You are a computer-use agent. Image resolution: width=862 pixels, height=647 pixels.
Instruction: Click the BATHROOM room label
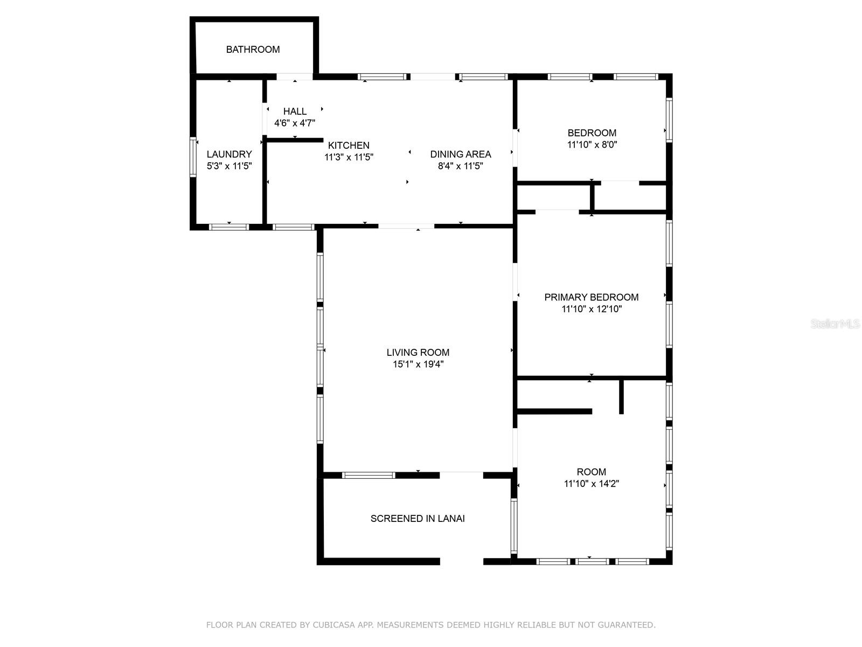(253, 50)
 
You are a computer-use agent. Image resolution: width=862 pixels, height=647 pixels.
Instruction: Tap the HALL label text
(295, 112)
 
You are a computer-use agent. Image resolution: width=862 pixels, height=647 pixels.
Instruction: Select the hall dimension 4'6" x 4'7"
(295, 123)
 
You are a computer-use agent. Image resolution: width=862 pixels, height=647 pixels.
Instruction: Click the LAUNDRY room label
(229, 154)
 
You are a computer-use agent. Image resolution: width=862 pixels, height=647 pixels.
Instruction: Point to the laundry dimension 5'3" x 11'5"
(229, 166)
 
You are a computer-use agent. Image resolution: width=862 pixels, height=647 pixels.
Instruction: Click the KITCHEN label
(349, 146)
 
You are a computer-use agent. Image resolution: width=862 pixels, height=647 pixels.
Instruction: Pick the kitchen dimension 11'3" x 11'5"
(349, 157)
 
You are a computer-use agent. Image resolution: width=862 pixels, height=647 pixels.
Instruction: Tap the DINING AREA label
(460, 154)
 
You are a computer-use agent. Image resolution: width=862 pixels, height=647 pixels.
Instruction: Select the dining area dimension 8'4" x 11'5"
(460, 166)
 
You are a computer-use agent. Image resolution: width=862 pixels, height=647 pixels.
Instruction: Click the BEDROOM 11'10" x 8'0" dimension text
(592, 145)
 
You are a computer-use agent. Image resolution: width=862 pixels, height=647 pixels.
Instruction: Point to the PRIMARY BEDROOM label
(591, 297)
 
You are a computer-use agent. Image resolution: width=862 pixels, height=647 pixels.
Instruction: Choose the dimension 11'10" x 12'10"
(591, 309)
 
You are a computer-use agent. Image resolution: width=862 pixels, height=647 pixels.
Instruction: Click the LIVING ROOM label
(418, 353)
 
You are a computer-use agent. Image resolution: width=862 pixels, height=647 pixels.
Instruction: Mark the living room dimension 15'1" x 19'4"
(418, 364)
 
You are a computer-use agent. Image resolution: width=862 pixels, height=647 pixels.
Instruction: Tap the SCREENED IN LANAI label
(418, 519)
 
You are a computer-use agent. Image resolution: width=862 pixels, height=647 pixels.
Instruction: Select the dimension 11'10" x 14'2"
(591, 484)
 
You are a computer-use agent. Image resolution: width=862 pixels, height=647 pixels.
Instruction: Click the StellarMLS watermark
(835, 324)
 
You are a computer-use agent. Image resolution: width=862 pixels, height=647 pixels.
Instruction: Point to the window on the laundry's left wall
(193, 156)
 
